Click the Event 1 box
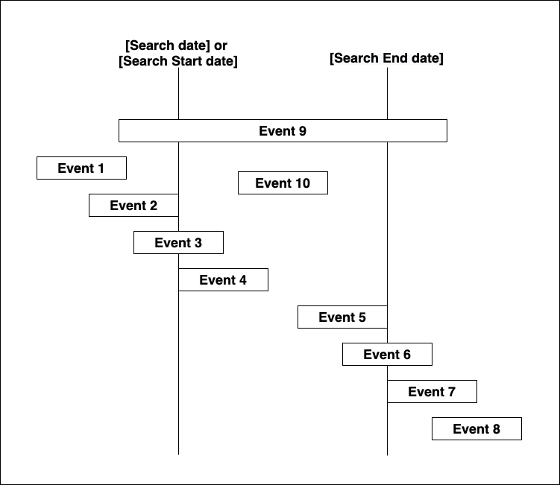[81, 168]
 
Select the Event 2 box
[133, 205]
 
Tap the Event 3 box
[178, 242]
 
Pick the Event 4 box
[223, 280]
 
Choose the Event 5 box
[342, 317]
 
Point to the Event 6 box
[387, 354]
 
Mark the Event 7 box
[432, 391]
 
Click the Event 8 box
[476, 428]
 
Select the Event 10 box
[283, 183]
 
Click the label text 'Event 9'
[283, 131]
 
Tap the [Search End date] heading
[386, 58]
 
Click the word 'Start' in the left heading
[186, 61]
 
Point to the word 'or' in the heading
[221, 45]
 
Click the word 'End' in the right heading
[395, 58]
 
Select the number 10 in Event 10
[302, 183]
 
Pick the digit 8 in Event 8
[496, 429]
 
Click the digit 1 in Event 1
[101, 168]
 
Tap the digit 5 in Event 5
[362, 317]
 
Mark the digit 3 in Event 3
[198, 243]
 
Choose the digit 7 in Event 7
[451, 392]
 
